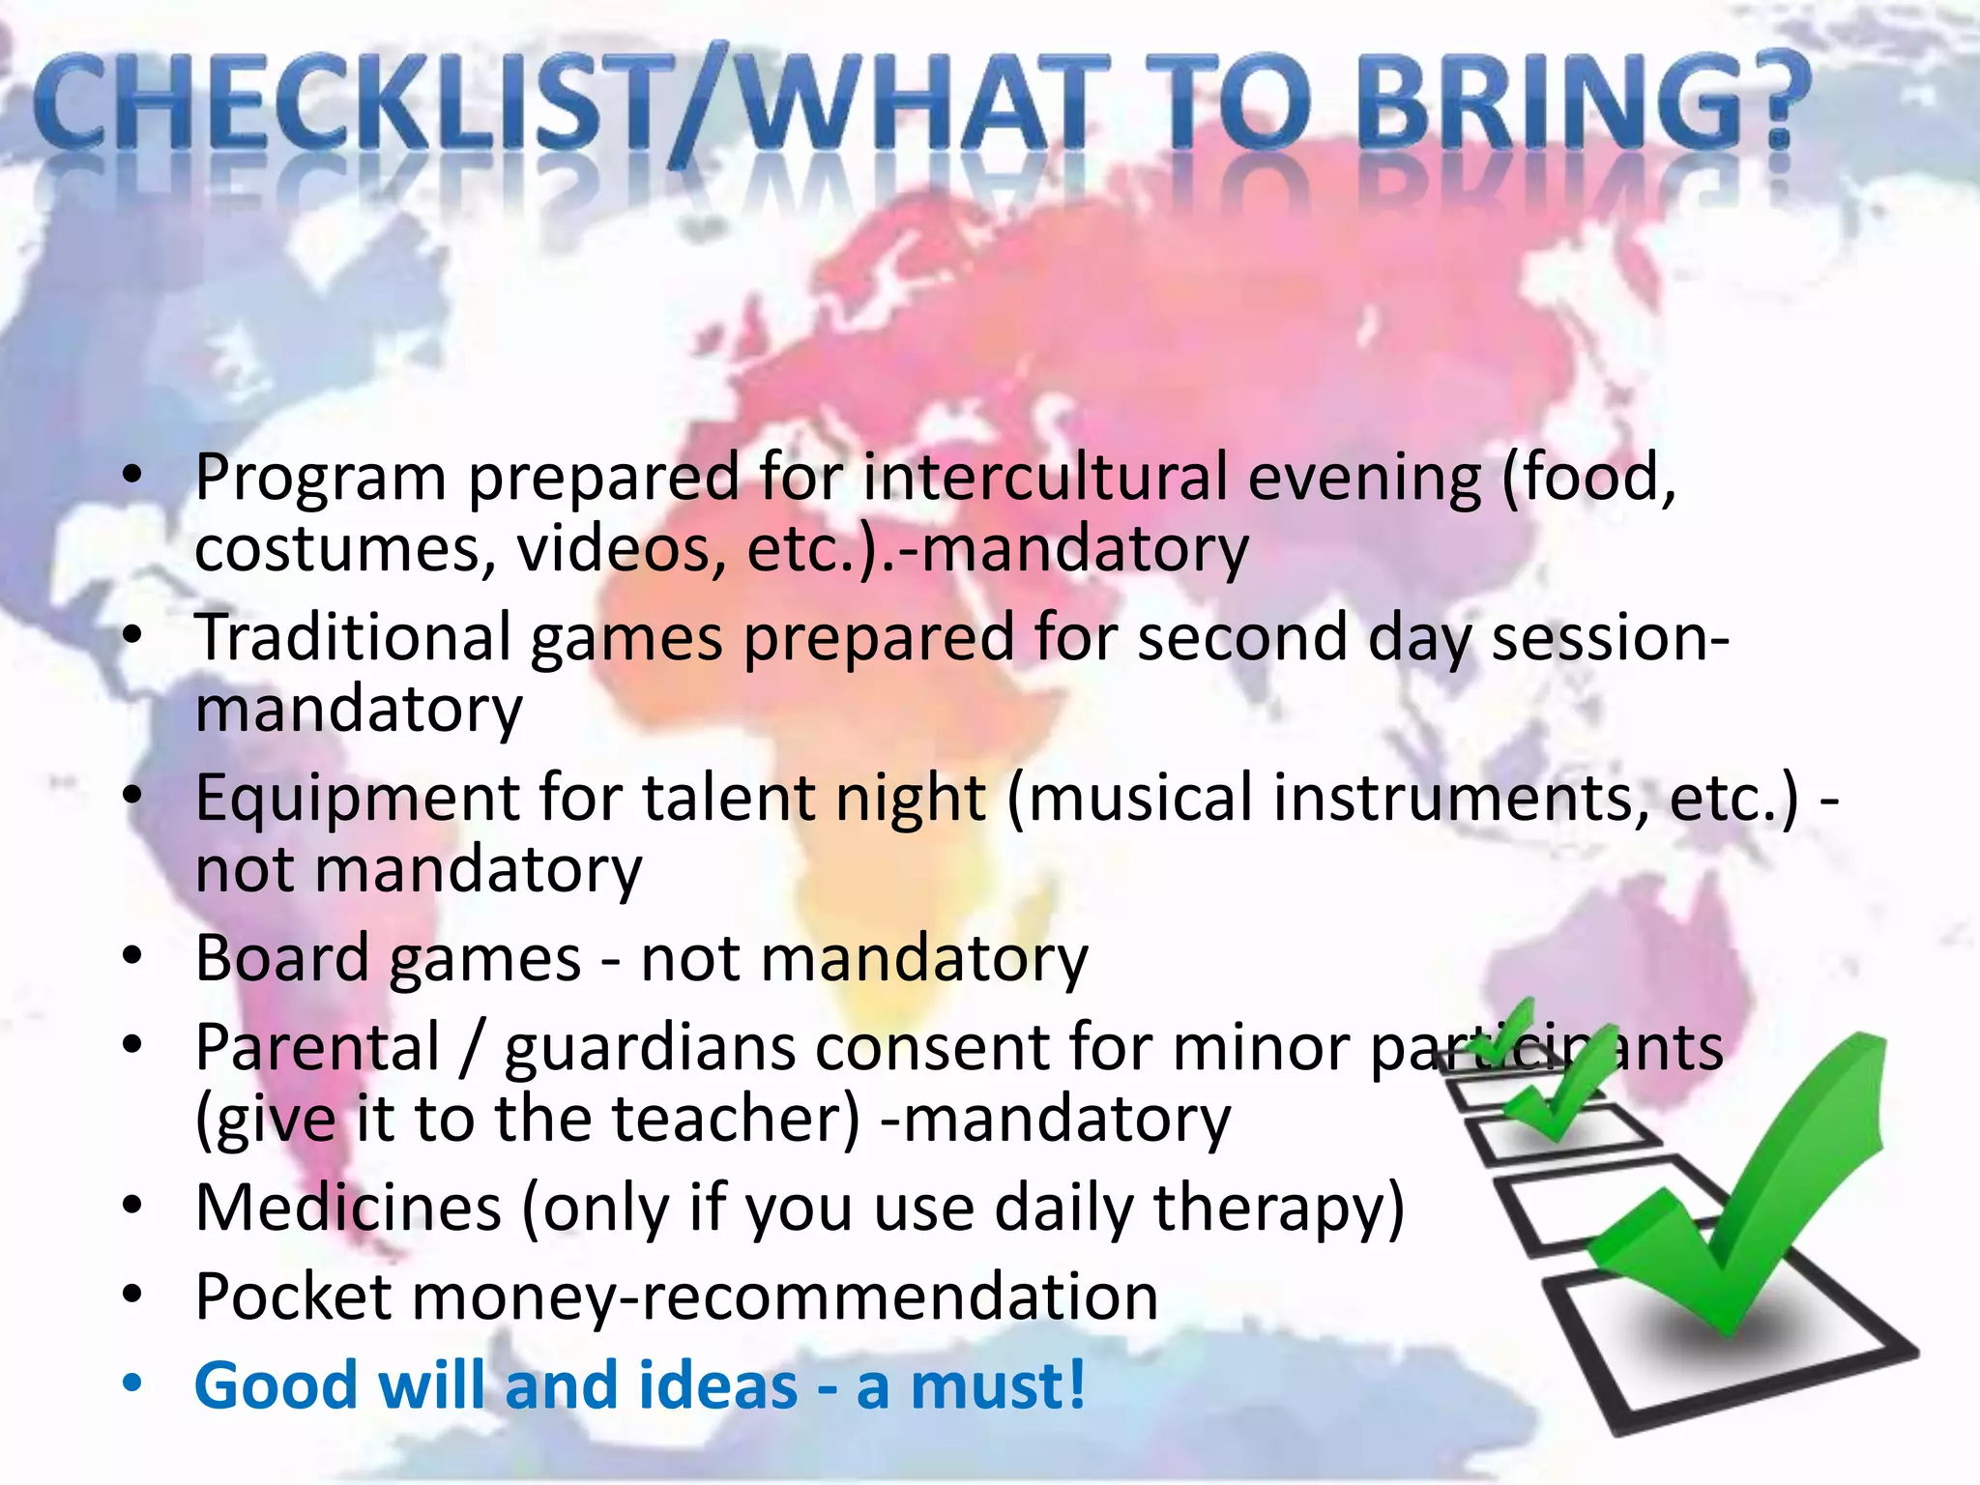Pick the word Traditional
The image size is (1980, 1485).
click(352, 638)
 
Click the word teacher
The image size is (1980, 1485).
click(735, 1119)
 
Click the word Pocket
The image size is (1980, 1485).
click(292, 1296)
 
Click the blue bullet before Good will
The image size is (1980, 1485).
click(132, 1384)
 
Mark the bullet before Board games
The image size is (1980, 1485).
click(132, 957)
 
